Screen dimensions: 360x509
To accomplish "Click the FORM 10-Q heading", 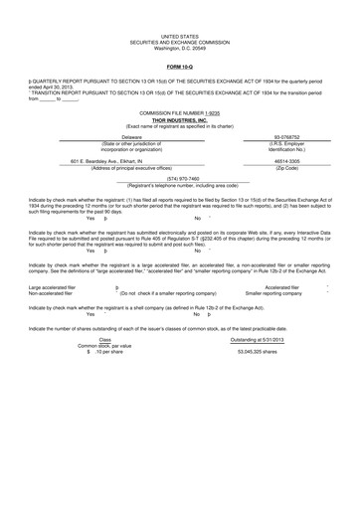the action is point(180,68).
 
